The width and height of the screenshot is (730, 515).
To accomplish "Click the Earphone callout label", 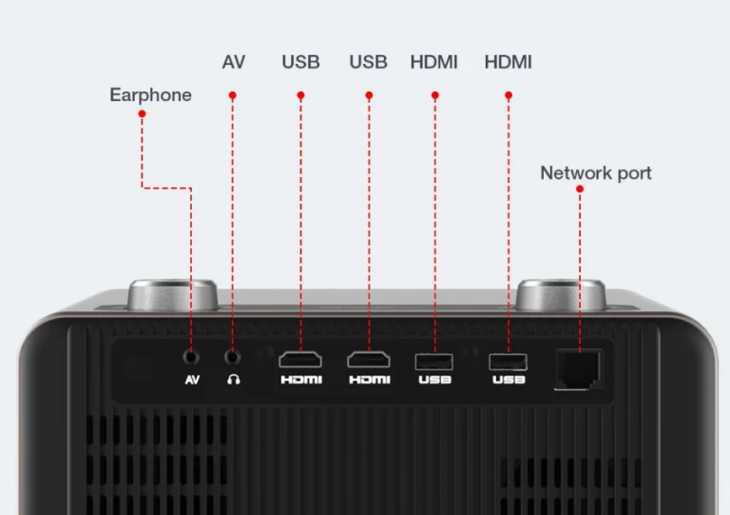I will click(x=150, y=94).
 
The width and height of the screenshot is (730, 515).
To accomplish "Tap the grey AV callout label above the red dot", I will click(x=233, y=63).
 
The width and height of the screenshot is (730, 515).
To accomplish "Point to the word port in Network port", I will click(x=633, y=174).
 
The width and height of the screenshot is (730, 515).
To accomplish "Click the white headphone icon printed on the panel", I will click(x=233, y=380).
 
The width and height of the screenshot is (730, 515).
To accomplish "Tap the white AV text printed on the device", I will click(x=192, y=380).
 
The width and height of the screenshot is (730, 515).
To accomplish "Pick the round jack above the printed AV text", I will click(x=192, y=357).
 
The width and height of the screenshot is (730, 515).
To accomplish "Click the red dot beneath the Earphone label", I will click(x=142, y=114).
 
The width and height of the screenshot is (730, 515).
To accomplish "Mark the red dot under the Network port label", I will click(x=580, y=188).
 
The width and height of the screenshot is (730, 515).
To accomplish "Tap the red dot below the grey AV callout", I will click(x=233, y=95).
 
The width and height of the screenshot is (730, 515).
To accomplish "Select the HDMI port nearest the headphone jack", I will click(x=299, y=360).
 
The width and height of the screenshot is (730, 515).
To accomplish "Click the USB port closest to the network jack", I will click(x=508, y=361).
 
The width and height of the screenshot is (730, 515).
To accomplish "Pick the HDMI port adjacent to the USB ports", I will click(x=369, y=360).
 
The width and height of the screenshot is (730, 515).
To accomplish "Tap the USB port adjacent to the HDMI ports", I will click(x=434, y=361).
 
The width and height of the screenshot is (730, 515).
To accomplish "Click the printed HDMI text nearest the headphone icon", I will click(x=300, y=380).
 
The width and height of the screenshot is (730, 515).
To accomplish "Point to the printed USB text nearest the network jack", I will click(x=508, y=380).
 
